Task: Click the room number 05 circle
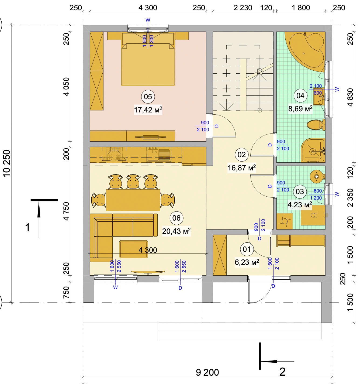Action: pyautogui.click(x=148, y=97)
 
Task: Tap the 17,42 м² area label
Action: pyautogui.click(x=148, y=110)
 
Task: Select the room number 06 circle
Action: pyautogui.click(x=176, y=218)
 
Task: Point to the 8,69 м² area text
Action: pyautogui.click(x=300, y=109)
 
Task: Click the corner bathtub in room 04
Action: pyautogui.click(x=305, y=50)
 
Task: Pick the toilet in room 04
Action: pyautogui.click(x=316, y=125)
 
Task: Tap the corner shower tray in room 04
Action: pyautogui.click(x=313, y=150)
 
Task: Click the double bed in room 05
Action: pyautogui.click(x=148, y=59)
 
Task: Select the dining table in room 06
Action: pyautogui.click(x=133, y=200)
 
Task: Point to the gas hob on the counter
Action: pyautogui.click(x=114, y=154)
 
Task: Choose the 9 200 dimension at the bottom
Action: pyautogui.click(x=207, y=372)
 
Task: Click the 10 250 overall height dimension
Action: pyautogui.click(x=7, y=163)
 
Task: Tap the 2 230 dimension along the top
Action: pyautogui.click(x=243, y=8)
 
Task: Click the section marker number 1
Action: pyautogui.click(x=28, y=227)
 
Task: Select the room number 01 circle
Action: pyautogui.click(x=247, y=249)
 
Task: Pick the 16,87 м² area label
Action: pyautogui.click(x=242, y=168)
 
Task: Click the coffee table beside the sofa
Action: pyautogui.click(x=134, y=249)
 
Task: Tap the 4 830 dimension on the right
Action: pyautogui.click(x=350, y=97)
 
